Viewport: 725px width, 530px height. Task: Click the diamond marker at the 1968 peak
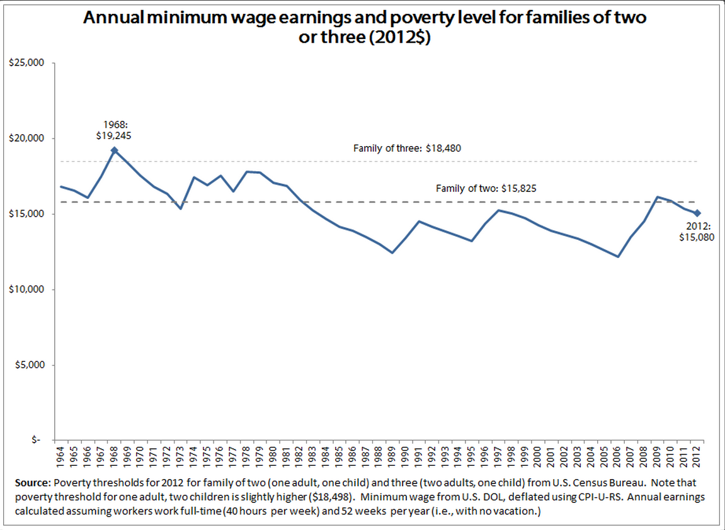click(x=114, y=150)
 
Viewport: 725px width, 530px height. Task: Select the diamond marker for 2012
click(x=697, y=213)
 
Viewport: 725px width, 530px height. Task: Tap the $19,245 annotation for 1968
click(x=113, y=134)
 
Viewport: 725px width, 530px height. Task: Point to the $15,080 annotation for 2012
click(x=697, y=238)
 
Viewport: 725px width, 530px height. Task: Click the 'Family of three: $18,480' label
click(x=412, y=149)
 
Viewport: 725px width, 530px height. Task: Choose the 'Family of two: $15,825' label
click(x=486, y=188)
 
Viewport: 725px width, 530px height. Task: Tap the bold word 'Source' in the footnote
click(x=31, y=483)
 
